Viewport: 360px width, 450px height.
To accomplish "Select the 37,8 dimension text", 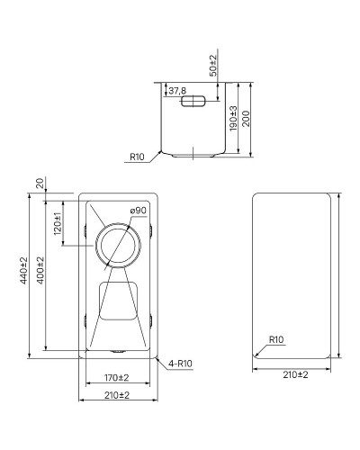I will [x=176, y=91].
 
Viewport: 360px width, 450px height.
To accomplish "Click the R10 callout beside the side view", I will [x=137, y=157].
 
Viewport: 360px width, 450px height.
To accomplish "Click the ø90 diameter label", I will [x=138, y=210].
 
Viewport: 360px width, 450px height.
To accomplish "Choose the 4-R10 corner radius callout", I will [x=181, y=363].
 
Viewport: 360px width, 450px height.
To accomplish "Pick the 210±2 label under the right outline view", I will [x=295, y=373].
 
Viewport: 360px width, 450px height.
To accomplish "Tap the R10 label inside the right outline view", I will [x=275, y=339].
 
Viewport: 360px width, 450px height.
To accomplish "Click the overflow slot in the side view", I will [x=194, y=103].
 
